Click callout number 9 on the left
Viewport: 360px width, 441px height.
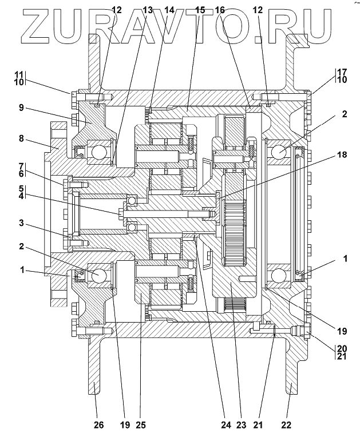(x=21, y=108)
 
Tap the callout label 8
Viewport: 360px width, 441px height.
(x=21, y=139)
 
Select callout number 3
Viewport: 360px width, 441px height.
(x=21, y=224)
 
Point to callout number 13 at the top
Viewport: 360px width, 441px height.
(x=147, y=10)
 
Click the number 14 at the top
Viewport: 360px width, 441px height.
(x=169, y=10)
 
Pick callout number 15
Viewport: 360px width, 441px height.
(x=200, y=10)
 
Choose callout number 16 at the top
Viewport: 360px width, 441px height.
(x=220, y=10)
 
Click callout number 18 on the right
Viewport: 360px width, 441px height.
(x=342, y=154)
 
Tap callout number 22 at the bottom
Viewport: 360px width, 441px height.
(x=286, y=424)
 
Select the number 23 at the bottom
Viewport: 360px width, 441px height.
(x=241, y=424)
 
